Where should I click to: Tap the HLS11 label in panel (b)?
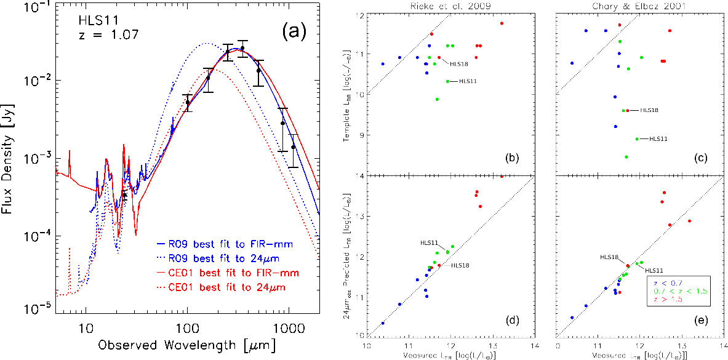pos(468,81)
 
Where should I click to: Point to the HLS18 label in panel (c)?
pos(649,110)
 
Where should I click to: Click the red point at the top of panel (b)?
pos(502,23)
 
